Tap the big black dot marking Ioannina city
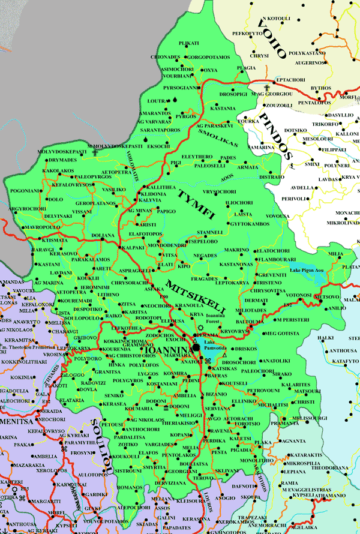click(196, 347)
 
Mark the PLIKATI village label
click(188, 44)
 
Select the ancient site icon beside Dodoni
click(166, 407)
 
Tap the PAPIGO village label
click(166, 211)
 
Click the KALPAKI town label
click(133, 247)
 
